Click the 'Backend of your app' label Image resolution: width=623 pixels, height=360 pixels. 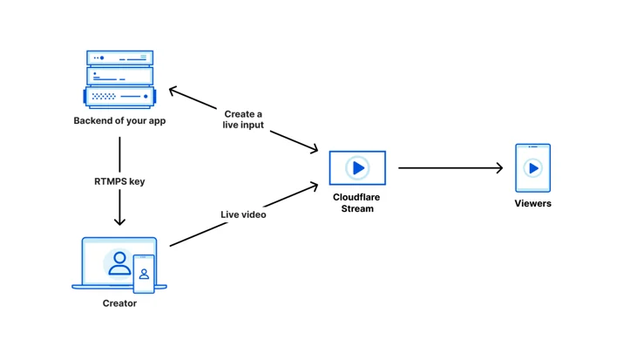coord(119,121)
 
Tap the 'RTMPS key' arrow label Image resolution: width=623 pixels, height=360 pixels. coord(119,181)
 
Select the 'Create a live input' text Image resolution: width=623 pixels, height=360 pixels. coord(243,119)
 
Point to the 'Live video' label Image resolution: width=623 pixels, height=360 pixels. coord(243,214)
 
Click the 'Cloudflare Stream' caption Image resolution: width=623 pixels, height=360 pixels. coord(356,202)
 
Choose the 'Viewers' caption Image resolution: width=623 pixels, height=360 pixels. coord(532,203)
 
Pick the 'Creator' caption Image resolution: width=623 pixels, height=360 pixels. coord(119,303)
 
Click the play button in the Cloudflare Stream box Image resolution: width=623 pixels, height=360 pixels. coord(357,168)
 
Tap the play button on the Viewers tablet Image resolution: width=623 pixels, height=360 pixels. coord(532,168)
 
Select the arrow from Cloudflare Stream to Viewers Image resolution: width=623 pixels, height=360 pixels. coord(450,168)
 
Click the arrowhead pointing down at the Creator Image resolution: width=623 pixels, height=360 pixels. coord(119,221)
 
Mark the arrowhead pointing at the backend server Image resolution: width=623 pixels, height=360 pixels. coord(173,91)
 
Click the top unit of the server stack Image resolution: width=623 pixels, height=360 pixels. coord(120,58)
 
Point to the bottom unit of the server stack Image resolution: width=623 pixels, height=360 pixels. coord(119,97)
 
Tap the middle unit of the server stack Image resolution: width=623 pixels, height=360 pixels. coord(120,76)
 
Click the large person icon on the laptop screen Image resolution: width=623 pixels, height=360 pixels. coord(119,263)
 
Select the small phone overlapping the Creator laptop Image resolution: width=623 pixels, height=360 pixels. coord(144,274)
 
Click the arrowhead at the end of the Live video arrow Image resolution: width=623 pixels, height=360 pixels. coord(313,187)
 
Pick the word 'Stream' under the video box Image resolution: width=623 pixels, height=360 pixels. coord(357,208)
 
